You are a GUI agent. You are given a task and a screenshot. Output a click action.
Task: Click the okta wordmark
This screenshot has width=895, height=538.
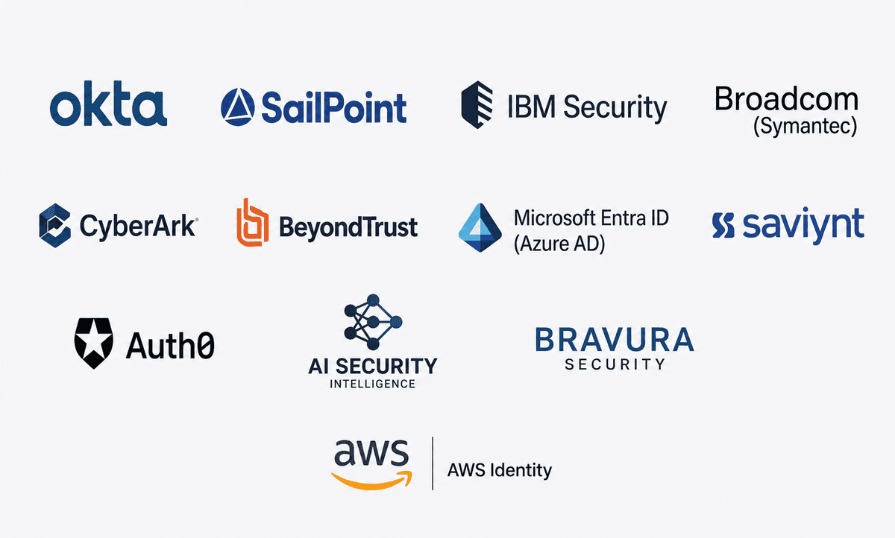pos(108,104)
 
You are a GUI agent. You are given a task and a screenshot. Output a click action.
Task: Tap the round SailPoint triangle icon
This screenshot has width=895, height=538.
pos(238,107)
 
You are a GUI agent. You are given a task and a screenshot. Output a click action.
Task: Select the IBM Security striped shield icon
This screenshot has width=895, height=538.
pos(477,105)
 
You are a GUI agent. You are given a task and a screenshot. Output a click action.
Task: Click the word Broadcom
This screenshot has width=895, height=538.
pos(786,99)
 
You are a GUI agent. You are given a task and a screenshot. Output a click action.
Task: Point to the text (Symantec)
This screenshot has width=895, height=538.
pos(805,127)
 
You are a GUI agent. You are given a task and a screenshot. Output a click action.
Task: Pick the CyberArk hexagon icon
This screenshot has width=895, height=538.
pos(55,226)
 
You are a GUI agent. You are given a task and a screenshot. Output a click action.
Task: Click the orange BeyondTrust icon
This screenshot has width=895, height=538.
pos(253,222)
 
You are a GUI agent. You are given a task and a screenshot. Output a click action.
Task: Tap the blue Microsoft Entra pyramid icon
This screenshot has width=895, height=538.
pos(480,227)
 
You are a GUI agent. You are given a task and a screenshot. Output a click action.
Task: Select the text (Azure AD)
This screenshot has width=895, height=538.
pos(559,244)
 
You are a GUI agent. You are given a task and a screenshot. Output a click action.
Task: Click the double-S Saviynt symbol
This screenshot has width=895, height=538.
pos(723,226)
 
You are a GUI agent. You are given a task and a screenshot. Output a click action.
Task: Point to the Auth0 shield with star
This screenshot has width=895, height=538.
pos(94,344)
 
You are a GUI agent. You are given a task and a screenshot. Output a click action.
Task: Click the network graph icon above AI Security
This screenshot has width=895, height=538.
pos(373,322)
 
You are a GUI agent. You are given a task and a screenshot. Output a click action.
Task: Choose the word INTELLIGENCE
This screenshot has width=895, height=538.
pos(372,384)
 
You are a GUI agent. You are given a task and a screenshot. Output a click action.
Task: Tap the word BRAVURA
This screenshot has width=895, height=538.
pos(615,340)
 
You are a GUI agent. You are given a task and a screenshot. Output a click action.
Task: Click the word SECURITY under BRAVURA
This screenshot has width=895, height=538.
pos(615,364)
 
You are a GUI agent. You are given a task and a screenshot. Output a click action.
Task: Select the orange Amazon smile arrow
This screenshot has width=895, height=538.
pos(371,480)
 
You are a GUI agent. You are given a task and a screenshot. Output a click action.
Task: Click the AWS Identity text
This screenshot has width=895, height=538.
pos(500,470)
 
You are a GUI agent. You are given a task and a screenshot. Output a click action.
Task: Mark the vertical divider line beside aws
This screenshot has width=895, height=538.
pos(433,463)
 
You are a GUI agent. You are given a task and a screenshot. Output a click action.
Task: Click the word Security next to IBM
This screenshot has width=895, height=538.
pos(615,108)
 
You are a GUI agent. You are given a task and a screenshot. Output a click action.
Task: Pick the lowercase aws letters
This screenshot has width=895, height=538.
pos(371,453)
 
